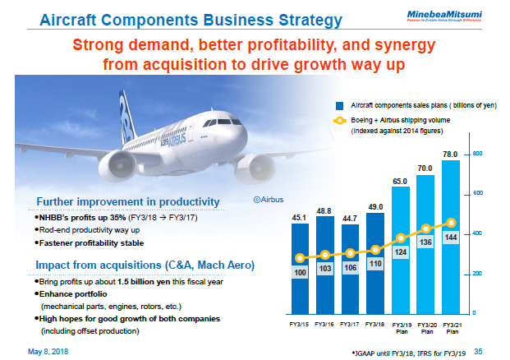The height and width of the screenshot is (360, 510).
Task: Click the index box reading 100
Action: coord(301,271)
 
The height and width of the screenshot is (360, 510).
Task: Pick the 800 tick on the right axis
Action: coord(476,154)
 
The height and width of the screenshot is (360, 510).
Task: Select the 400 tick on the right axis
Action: coord(476,233)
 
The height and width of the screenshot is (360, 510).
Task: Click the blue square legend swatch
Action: coord(338,106)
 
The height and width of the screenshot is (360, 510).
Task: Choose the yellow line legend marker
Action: coord(338,121)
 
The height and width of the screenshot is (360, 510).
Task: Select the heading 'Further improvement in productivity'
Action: coord(127,201)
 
